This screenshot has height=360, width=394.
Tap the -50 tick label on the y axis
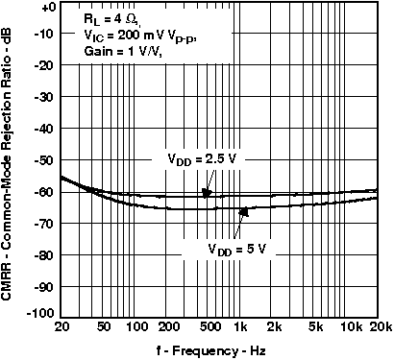click(43, 160)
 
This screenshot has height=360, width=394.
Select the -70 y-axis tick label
click(43, 224)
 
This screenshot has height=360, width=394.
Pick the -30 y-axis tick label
click(43, 97)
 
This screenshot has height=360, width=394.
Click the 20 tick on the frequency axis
click(61, 326)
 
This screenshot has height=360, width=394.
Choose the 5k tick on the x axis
click(317, 326)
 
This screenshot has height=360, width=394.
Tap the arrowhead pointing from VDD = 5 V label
click(244, 209)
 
